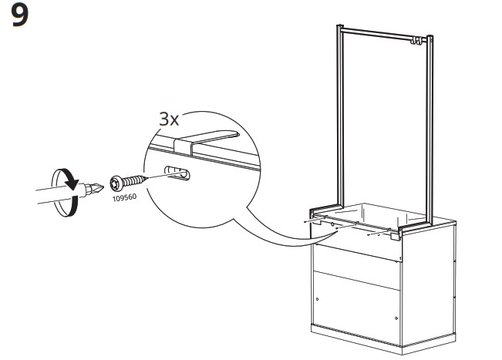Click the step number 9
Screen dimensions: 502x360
[19, 15]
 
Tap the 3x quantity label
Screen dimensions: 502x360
[169, 119]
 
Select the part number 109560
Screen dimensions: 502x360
[124, 197]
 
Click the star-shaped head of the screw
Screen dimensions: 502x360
[115, 183]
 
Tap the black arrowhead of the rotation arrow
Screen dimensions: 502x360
[72, 183]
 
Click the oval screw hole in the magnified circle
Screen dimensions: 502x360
[177, 173]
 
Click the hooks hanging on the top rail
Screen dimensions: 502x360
[415, 41]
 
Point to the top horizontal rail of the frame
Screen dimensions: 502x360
[384, 34]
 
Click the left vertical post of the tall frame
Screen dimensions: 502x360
[340, 116]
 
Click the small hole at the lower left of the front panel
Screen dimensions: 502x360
[317, 299]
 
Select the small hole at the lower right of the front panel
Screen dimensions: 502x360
[396, 318]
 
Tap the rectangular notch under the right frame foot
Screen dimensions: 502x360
[395, 237]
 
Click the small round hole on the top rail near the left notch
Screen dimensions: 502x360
[332, 224]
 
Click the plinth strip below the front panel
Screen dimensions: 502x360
[356, 335]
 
